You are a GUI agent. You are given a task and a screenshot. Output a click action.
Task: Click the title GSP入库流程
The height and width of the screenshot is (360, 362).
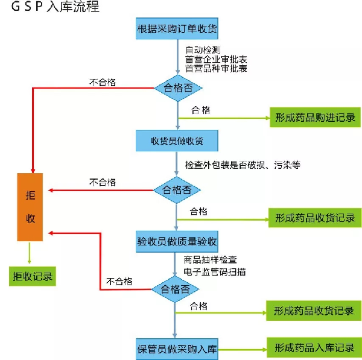coord(55,6)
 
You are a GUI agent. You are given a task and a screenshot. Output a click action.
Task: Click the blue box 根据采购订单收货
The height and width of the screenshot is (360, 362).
coord(177,28)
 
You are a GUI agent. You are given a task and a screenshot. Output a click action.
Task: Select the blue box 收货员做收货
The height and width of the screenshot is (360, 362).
coord(177,141)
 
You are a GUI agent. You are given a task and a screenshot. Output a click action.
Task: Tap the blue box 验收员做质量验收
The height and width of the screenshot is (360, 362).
coord(177,241)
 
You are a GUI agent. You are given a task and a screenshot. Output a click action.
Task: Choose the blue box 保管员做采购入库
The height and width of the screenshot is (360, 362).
coord(177,349)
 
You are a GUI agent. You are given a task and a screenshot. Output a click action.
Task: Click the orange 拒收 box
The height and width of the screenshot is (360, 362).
coord(30,207)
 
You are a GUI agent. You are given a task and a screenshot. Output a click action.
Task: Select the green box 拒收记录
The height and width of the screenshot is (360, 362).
coord(33,276)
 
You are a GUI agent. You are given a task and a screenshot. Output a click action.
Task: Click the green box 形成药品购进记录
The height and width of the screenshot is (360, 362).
coord(315,118)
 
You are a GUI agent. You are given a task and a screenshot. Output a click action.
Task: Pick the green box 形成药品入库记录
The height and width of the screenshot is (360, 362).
coord(314,347)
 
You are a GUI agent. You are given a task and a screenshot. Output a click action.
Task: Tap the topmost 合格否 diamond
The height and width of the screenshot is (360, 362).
coord(178,88)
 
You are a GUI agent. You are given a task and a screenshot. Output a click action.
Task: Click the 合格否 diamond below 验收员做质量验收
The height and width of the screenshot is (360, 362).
coord(175,289)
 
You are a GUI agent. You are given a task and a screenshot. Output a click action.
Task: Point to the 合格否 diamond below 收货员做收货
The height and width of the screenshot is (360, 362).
coord(177,190)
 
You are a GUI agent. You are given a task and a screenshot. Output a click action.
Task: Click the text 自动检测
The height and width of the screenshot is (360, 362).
coord(203,50)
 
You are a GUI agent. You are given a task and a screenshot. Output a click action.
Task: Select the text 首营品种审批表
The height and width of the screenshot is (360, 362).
coord(216,69)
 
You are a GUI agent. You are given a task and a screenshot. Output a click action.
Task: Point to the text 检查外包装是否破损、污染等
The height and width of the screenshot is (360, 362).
coord(243,165)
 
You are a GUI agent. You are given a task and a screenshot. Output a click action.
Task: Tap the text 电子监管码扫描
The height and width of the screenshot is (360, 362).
coord(215,271)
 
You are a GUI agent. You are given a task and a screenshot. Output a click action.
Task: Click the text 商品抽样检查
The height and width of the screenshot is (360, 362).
coord(211,260)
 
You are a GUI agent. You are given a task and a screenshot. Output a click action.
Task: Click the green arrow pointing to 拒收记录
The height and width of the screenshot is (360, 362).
coord(30,253)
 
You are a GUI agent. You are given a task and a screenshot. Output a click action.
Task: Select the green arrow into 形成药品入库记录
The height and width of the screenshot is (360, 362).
coord(243,350)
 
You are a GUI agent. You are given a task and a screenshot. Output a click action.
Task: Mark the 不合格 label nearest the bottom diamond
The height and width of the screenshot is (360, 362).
coord(119,282)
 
